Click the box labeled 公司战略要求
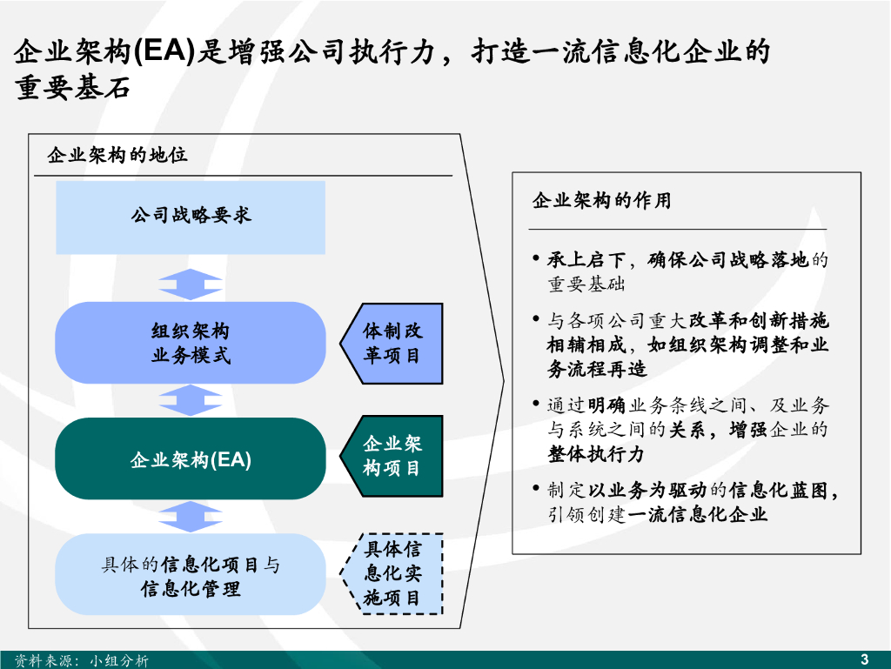pos(191,217)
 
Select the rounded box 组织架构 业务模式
pos(191,343)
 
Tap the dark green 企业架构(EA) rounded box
pos(191,458)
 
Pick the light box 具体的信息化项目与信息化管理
pos(191,574)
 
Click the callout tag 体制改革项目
pos(392,344)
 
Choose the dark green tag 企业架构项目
pos(392,456)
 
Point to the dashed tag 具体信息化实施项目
pos(392,573)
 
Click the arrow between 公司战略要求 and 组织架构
pos(191,284)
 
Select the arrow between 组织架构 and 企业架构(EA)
pos(191,400)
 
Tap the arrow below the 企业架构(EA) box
pos(191,517)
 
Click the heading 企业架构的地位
pos(117,155)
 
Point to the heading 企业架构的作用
pos(602,200)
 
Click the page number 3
pos(864,659)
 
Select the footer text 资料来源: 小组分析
pos(81,660)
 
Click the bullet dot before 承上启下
pos(536,258)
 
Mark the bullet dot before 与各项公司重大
pos(536,318)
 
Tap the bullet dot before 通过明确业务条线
pos(536,403)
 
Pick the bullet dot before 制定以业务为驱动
pos(536,488)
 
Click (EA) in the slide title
pos(164,51)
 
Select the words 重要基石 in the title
pos(73,88)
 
